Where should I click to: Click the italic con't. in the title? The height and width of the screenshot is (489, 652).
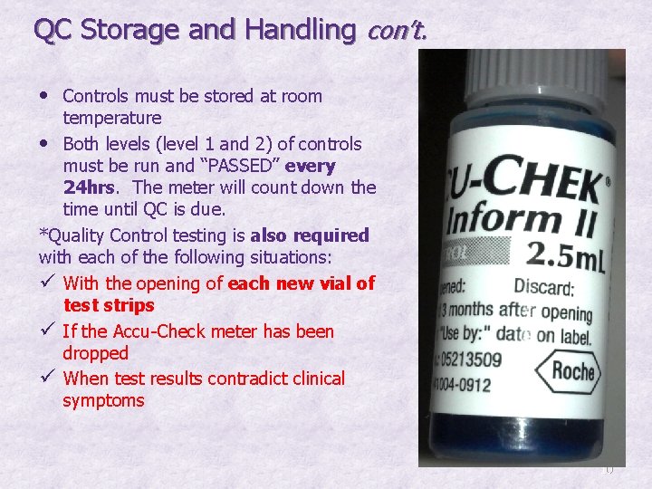394,32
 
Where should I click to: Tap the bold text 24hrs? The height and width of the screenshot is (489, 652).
88,187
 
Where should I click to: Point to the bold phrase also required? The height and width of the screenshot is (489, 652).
311,235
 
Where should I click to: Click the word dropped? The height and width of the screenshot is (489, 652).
95,353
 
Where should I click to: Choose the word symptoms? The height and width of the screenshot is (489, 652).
103,400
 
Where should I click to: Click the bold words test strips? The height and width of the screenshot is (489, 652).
109,305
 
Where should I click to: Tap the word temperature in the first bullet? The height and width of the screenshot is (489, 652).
111,118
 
